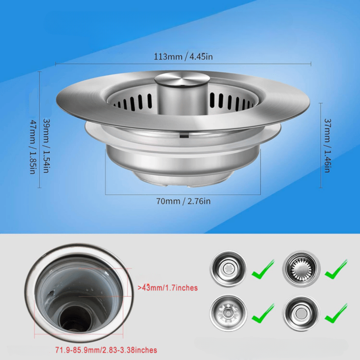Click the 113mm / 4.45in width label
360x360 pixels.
click(x=183, y=56)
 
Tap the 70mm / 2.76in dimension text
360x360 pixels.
click(x=183, y=201)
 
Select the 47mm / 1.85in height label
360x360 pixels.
click(x=32, y=147)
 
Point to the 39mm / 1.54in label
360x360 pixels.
click(x=46, y=146)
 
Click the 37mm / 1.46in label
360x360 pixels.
click(x=327, y=145)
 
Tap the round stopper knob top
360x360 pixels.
click(x=182, y=79)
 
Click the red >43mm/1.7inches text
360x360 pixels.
click(x=168, y=288)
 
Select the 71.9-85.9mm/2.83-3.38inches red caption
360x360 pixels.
click(x=106, y=350)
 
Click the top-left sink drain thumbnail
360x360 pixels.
click(x=228, y=269)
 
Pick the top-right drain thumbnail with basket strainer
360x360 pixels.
click(x=301, y=269)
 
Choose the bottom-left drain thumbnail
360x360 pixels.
click(x=228, y=313)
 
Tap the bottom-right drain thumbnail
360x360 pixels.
click(x=301, y=313)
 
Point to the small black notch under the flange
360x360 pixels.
click(x=184, y=136)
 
